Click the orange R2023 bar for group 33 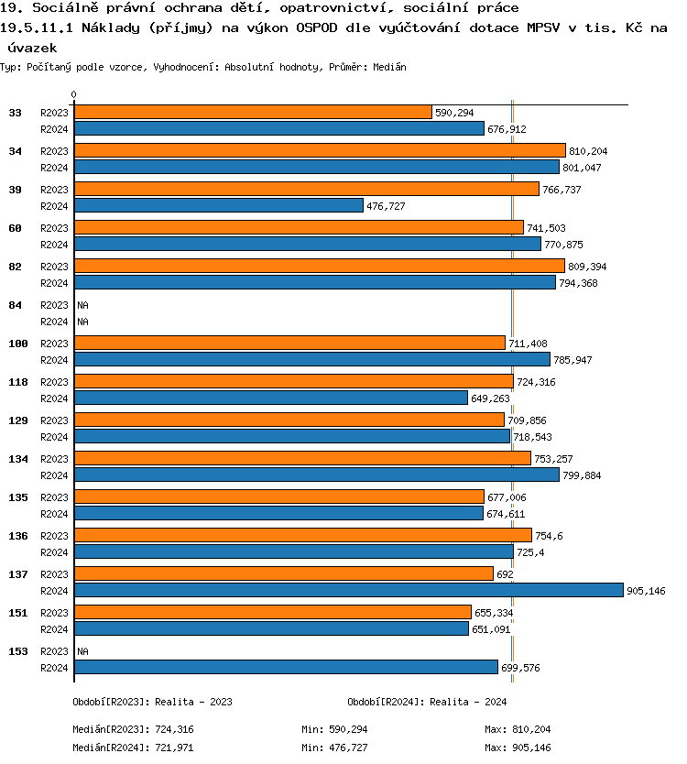click(253, 112)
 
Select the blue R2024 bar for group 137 click(348, 590)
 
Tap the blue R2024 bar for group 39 click(219, 205)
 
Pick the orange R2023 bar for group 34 click(320, 150)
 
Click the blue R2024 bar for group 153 click(286, 667)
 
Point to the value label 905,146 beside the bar click(646, 591)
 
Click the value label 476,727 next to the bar click(386, 206)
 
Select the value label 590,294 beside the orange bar click(454, 113)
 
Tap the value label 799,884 click(582, 475)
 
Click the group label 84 click(16, 305)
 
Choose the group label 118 click(18, 382)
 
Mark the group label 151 click(18, 613)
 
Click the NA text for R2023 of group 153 click(82, 651)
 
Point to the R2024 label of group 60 click(55, 245)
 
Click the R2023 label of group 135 click(55, 497)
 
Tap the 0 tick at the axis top click(73, 94)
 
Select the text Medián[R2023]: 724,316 click(133, 729)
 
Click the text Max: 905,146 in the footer click(518, 748)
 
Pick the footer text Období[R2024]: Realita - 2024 click(427, 702)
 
